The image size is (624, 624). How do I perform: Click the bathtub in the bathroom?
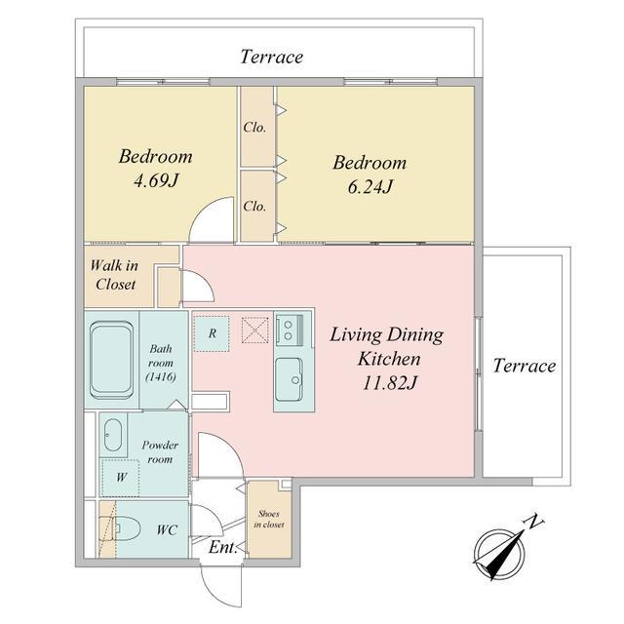tap(111, 360)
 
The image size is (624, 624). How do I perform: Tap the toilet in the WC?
tap(127, 528)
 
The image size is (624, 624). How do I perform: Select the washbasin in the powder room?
tap(113, 435)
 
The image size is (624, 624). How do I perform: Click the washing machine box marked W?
tap(121, 477)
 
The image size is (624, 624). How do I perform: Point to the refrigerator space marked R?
tap(212, 333)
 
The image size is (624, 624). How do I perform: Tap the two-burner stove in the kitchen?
tap(290, 330)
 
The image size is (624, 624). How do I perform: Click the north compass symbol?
tap(502, 551)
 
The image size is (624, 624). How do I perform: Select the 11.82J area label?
tap(390, 383)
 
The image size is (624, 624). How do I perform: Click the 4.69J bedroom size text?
tap(155, 181)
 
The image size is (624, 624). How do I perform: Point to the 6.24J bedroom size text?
tap(370, 186)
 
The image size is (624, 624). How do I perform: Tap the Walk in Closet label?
tap(115, 275)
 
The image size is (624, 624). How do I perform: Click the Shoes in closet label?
tap(269, 520)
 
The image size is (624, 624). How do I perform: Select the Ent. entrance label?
tap(223, 547)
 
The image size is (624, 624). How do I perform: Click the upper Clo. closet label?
tap(254, 128)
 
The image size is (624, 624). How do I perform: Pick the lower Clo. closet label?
tap(254, 206)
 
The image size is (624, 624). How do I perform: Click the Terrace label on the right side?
tap(525, 366)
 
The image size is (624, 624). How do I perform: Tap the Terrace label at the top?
tap(272, 57)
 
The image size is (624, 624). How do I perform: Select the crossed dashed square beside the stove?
tap(254, 330)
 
